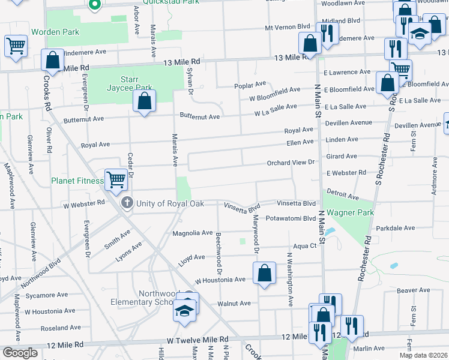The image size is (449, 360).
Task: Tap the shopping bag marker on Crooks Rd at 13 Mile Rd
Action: click(x=53, y=60)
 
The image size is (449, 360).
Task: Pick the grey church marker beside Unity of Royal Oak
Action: click(x=126, y=203)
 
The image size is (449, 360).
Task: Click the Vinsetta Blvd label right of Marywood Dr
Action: click(x=296, y=203)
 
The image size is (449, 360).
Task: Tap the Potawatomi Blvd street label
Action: click(x=291, y=218)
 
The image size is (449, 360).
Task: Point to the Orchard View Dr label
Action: click(x=291, y=163)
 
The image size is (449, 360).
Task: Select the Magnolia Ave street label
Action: click(x=193, y=233)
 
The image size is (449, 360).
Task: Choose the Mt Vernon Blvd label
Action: click(x=288, y=28)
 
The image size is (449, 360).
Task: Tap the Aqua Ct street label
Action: click(x=304, y=246)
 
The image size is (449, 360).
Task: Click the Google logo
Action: click(x=20, y=353)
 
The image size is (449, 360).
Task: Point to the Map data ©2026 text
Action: click(x=423, y=355)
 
